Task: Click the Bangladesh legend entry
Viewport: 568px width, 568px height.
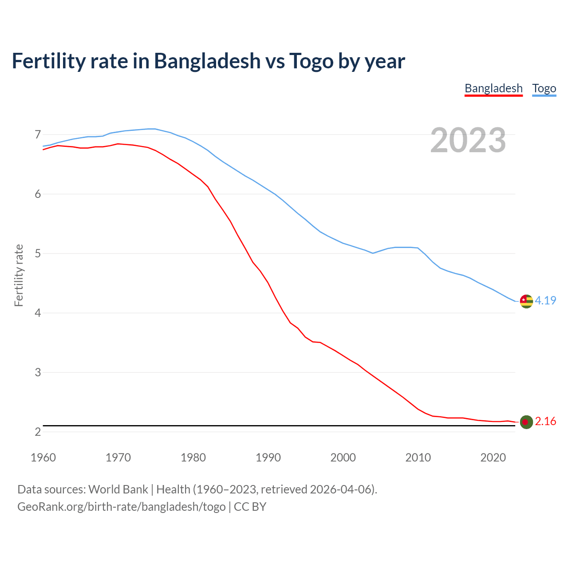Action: click(493, 88)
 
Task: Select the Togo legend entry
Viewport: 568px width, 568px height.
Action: click(544, 88)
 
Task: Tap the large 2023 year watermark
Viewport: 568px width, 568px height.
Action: click(468, 140)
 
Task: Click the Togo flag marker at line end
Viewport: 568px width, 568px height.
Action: click(526, 301)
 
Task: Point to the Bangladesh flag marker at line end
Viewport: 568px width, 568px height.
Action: click(526, 422)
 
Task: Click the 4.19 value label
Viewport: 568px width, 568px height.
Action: click(545, 300)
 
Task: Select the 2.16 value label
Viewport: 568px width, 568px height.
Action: click(545, 421)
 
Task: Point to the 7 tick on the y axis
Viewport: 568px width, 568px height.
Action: click(38, 134)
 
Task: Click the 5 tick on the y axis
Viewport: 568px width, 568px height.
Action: click(38, 254)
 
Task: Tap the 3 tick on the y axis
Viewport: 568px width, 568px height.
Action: click(38, 373)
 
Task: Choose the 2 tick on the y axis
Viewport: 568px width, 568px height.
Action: click(38, 432)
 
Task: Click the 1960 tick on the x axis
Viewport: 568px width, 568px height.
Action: click(43, 458)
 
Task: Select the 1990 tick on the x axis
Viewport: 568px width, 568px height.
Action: click(268, 458)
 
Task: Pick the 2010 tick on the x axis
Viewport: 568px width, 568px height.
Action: click(418, 458)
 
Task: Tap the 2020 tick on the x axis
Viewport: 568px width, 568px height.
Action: click(493, 458)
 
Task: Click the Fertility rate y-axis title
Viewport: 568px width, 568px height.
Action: click(19, 275)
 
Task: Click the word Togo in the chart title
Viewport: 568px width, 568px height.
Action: click(311, 61)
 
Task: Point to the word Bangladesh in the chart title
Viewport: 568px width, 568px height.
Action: click(207, 61)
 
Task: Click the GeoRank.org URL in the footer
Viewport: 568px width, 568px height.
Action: click(121, 507)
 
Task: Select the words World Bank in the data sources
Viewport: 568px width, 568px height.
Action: click(118, 489)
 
